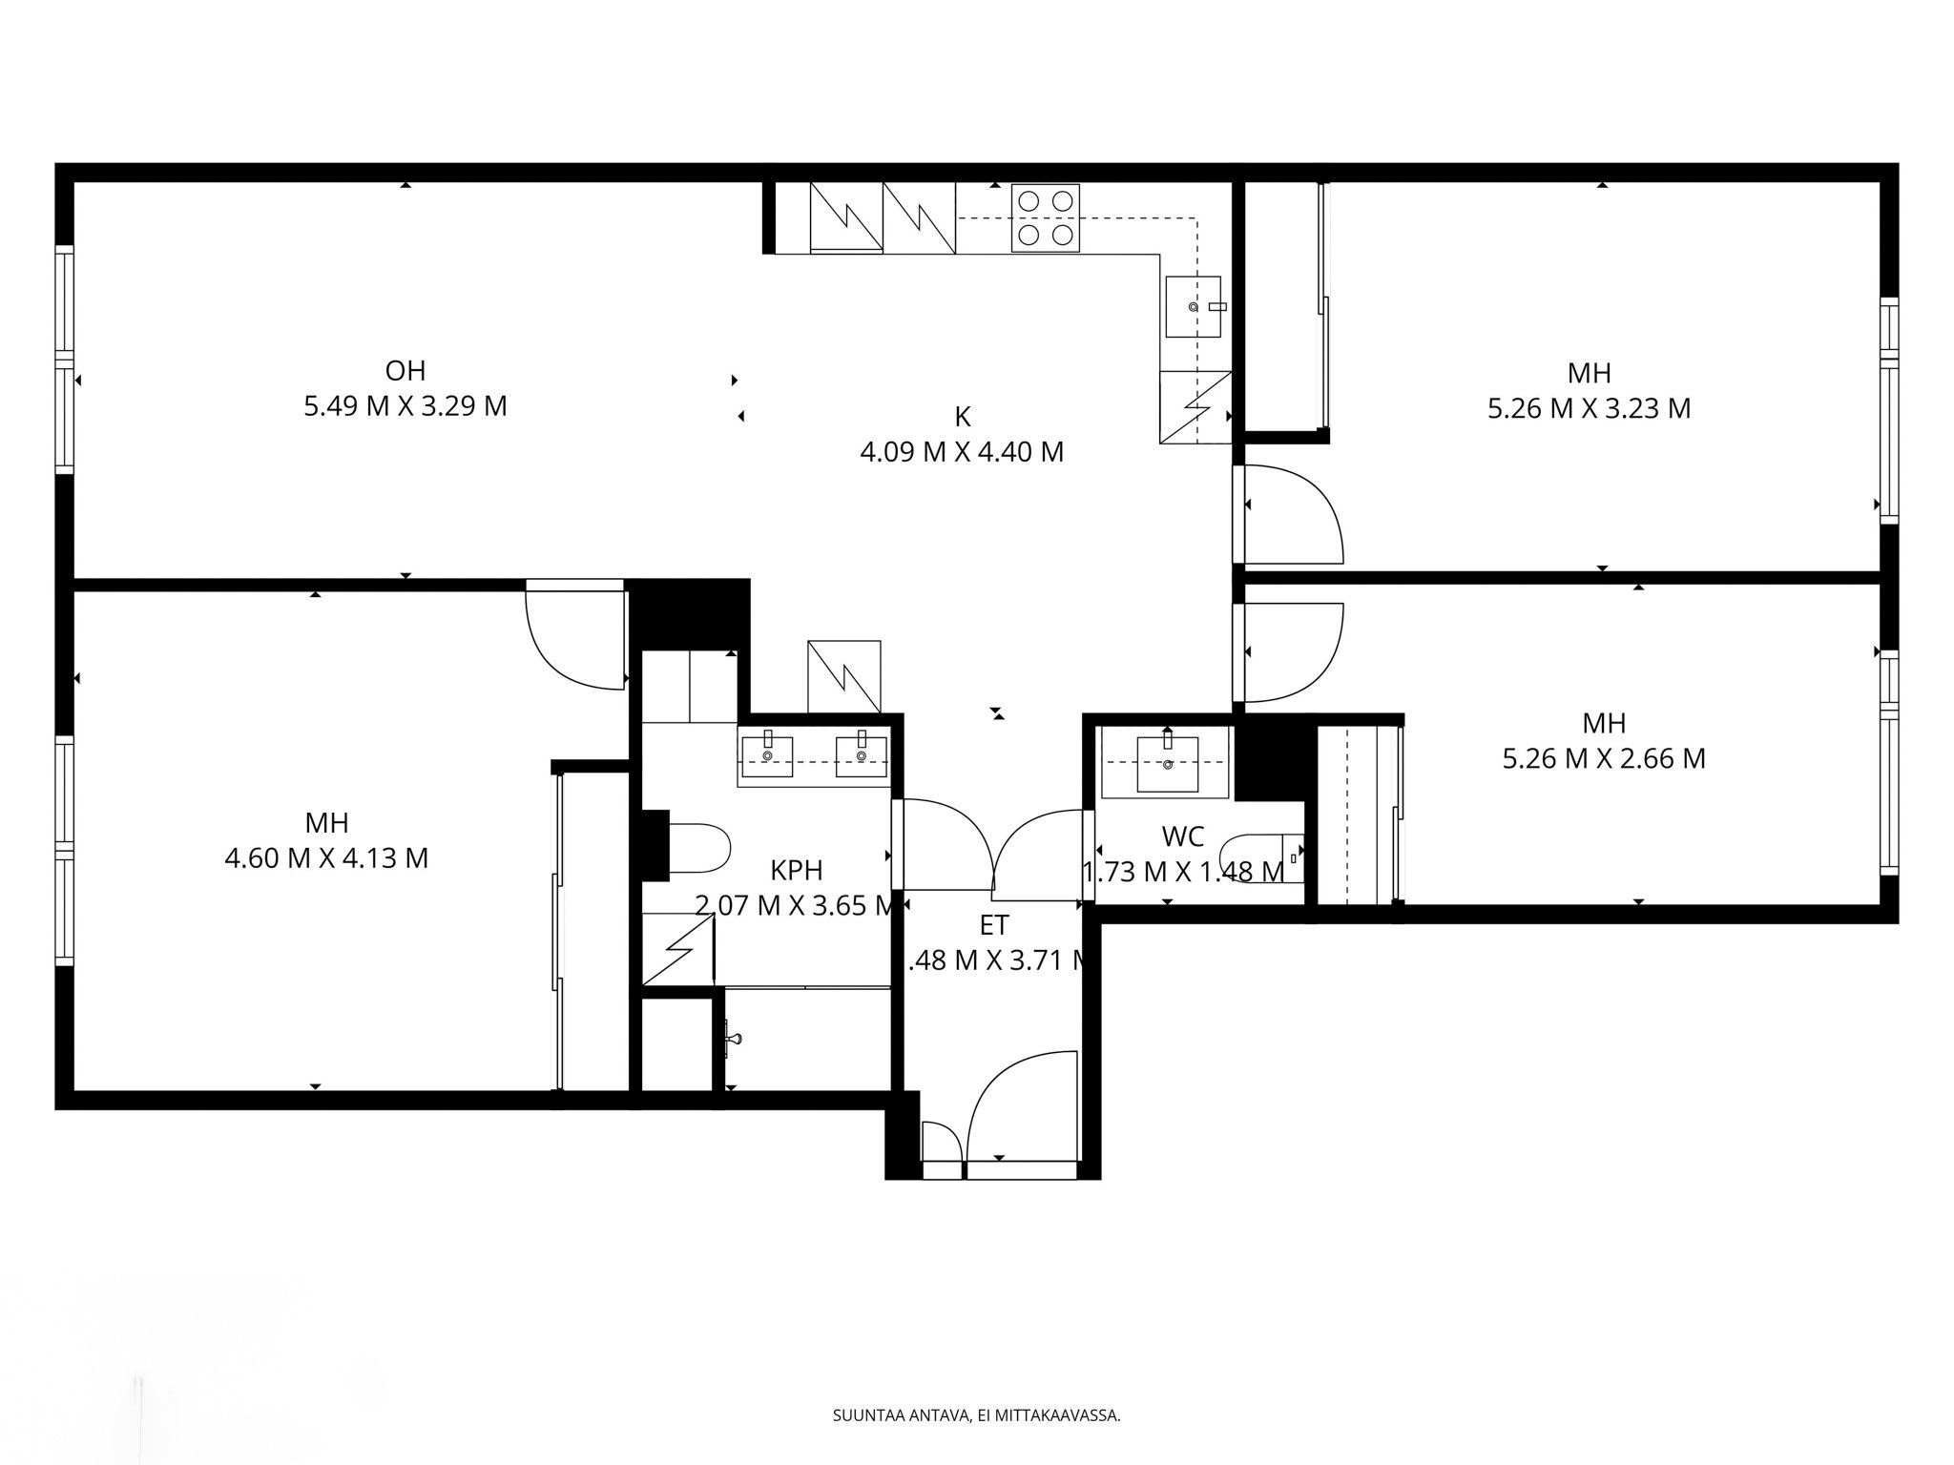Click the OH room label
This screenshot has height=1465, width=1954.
(x=405, y=370)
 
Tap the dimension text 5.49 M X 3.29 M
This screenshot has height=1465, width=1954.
(x=405, y=406)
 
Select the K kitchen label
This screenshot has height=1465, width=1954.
(x=962, y=417)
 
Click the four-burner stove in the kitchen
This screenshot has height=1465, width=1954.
(x=1046, y=218)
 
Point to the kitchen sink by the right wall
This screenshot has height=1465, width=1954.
(x=1193, y=306)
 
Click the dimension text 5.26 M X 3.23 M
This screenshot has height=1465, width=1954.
(x=1589, y=408)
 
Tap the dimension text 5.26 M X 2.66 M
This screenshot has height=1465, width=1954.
(x=1604, y=759)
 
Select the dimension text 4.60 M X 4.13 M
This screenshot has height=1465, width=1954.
(x=326, y=858)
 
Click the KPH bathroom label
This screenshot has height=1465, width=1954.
(x=796, y=870)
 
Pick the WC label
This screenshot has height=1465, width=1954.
(x=1182, y=836)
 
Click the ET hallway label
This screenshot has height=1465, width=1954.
(x=994, y=925)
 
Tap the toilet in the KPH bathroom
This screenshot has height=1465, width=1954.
(x=698, y=848)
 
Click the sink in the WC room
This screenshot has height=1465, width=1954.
(x=1168, y=763)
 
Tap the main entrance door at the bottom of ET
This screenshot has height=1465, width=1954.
(x=1021, y=1106)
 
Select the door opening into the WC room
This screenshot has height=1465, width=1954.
(x=1040, y=854)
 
